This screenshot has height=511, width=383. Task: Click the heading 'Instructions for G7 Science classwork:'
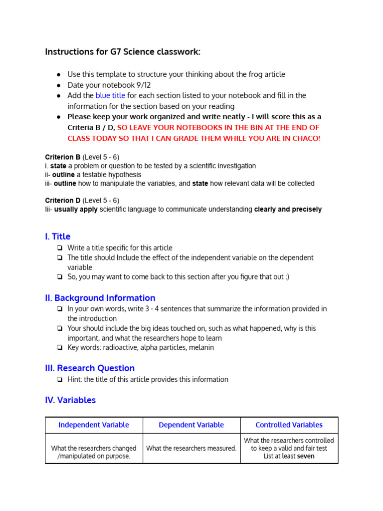tap(123, 52)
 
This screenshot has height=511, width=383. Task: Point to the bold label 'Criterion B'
tap(63, 157)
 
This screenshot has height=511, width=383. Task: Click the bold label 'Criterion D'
tap(63, 201)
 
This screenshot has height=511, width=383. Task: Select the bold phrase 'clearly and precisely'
tap(288, 210)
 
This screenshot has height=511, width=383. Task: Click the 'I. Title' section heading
tap(58, 237)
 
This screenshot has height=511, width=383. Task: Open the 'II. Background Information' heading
tap(100, 298)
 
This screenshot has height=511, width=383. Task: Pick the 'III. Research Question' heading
tap(90, 368)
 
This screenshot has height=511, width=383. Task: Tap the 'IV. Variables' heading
tap(70, 400)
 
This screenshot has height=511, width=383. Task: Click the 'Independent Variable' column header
tap(94, 425)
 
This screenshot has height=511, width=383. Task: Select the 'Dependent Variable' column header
tap(191, 425)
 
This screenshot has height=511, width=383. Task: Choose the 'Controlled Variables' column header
tap(289, 425)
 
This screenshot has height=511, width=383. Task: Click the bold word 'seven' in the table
tap(306, 456)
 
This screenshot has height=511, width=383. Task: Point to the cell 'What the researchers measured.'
tap(191, 448)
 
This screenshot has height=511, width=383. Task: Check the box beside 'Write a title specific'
tap(60, 248)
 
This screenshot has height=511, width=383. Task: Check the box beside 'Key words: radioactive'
tap(60, 348)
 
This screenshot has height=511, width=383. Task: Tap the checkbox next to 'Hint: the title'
tap(60, 380)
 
